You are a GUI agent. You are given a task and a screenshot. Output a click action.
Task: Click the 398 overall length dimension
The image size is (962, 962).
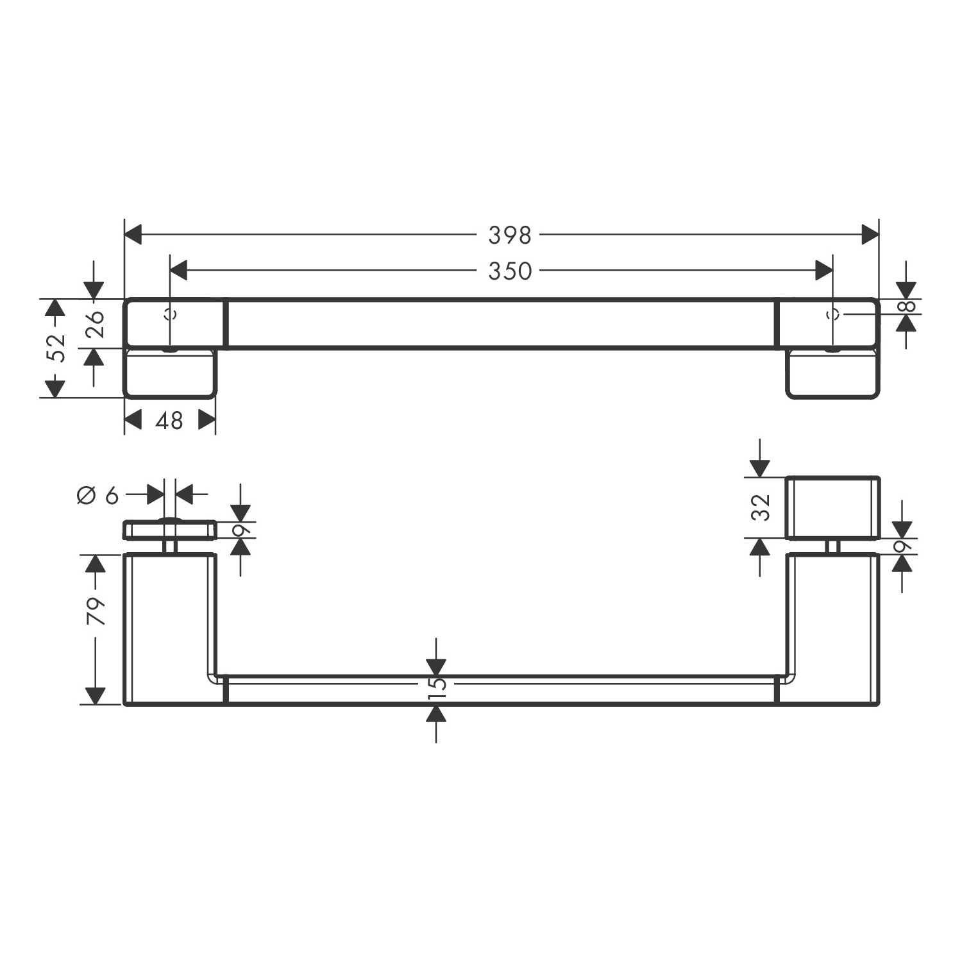510,235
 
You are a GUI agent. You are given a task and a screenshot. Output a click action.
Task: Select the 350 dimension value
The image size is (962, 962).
510,271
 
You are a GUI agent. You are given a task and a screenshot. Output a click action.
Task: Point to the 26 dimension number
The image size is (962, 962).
94,324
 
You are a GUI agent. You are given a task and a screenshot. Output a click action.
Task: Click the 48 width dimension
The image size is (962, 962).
169,421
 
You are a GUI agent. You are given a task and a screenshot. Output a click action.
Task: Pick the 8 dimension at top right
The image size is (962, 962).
907,306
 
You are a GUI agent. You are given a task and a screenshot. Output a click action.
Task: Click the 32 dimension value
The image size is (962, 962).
761,507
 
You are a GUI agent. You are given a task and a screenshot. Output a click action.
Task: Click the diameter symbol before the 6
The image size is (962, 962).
87,495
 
